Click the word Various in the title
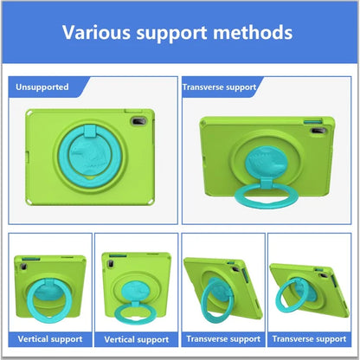click(96, 32)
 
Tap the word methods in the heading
click(253, 32)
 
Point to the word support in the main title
click(171, 34)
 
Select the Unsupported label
click(42, 87)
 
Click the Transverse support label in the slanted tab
click(219, 87)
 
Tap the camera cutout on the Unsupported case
click(138, 121)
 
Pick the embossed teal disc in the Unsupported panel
click(90, 157)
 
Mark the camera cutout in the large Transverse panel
click(318, 131)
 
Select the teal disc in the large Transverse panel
click(266, 162)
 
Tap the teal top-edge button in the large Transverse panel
click(312, 121)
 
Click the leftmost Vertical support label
click(50, 339)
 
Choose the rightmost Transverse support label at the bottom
click(309, 338)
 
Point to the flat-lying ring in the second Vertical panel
click(136, 314)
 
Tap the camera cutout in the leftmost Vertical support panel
click(23, 266)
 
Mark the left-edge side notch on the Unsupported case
click(28, 157)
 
